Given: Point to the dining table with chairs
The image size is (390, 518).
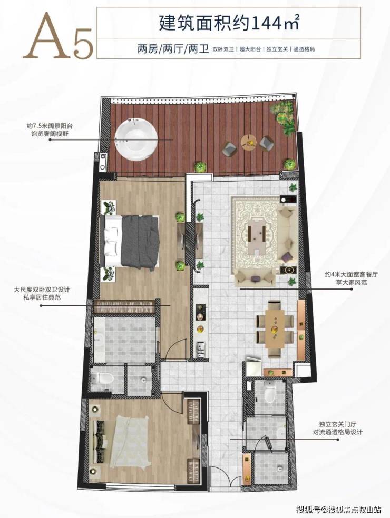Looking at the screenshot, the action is (x=275, y=329).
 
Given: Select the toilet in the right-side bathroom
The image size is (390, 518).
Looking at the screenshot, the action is (x=270, y=392).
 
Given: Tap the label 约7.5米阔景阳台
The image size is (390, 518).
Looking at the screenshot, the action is (x=50, y=126).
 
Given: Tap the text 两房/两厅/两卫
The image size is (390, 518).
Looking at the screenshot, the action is (x=173, y=49).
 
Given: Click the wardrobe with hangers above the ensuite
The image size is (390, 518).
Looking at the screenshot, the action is (x=125, y=306).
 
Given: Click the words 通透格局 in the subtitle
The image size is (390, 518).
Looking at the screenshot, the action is (x=304, y=49).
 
